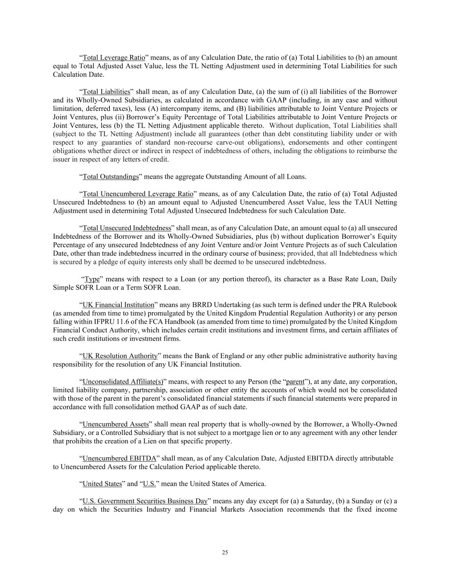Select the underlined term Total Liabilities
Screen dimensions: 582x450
tap(106, 92)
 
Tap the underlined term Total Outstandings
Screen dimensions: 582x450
tap(111, 177)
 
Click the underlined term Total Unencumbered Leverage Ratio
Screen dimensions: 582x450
tap(138, 194)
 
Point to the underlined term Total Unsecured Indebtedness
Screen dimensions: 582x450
tap(127, 228)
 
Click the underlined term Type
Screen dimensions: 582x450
tap(92, 279)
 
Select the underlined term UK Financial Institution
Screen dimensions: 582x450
tap(118, 305)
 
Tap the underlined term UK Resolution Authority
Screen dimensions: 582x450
tap(120, 356)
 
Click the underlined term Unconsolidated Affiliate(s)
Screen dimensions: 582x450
tap(123, 382)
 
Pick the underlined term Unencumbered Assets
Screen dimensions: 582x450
tap(116, 424)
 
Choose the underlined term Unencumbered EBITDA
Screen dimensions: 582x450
tap(119, 458)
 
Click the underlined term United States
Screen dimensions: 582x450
tap(102, 484)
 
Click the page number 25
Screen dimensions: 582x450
tap(225, 553)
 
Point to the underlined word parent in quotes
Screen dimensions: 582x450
tap(295, 382)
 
